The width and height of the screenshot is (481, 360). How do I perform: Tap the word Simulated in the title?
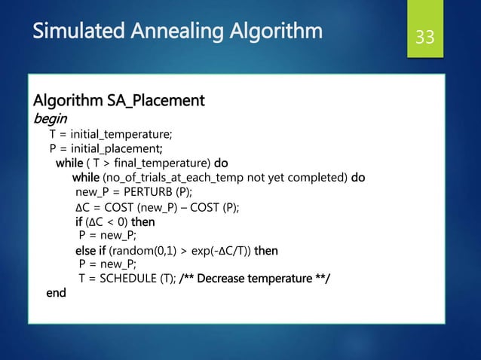pyautogui.click(x=73, y=32)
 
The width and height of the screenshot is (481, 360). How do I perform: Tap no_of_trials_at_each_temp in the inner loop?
pyautogui.click(x=185, y=178)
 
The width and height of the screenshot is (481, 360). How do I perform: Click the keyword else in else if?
pyautogui.click(x=84, y=250)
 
